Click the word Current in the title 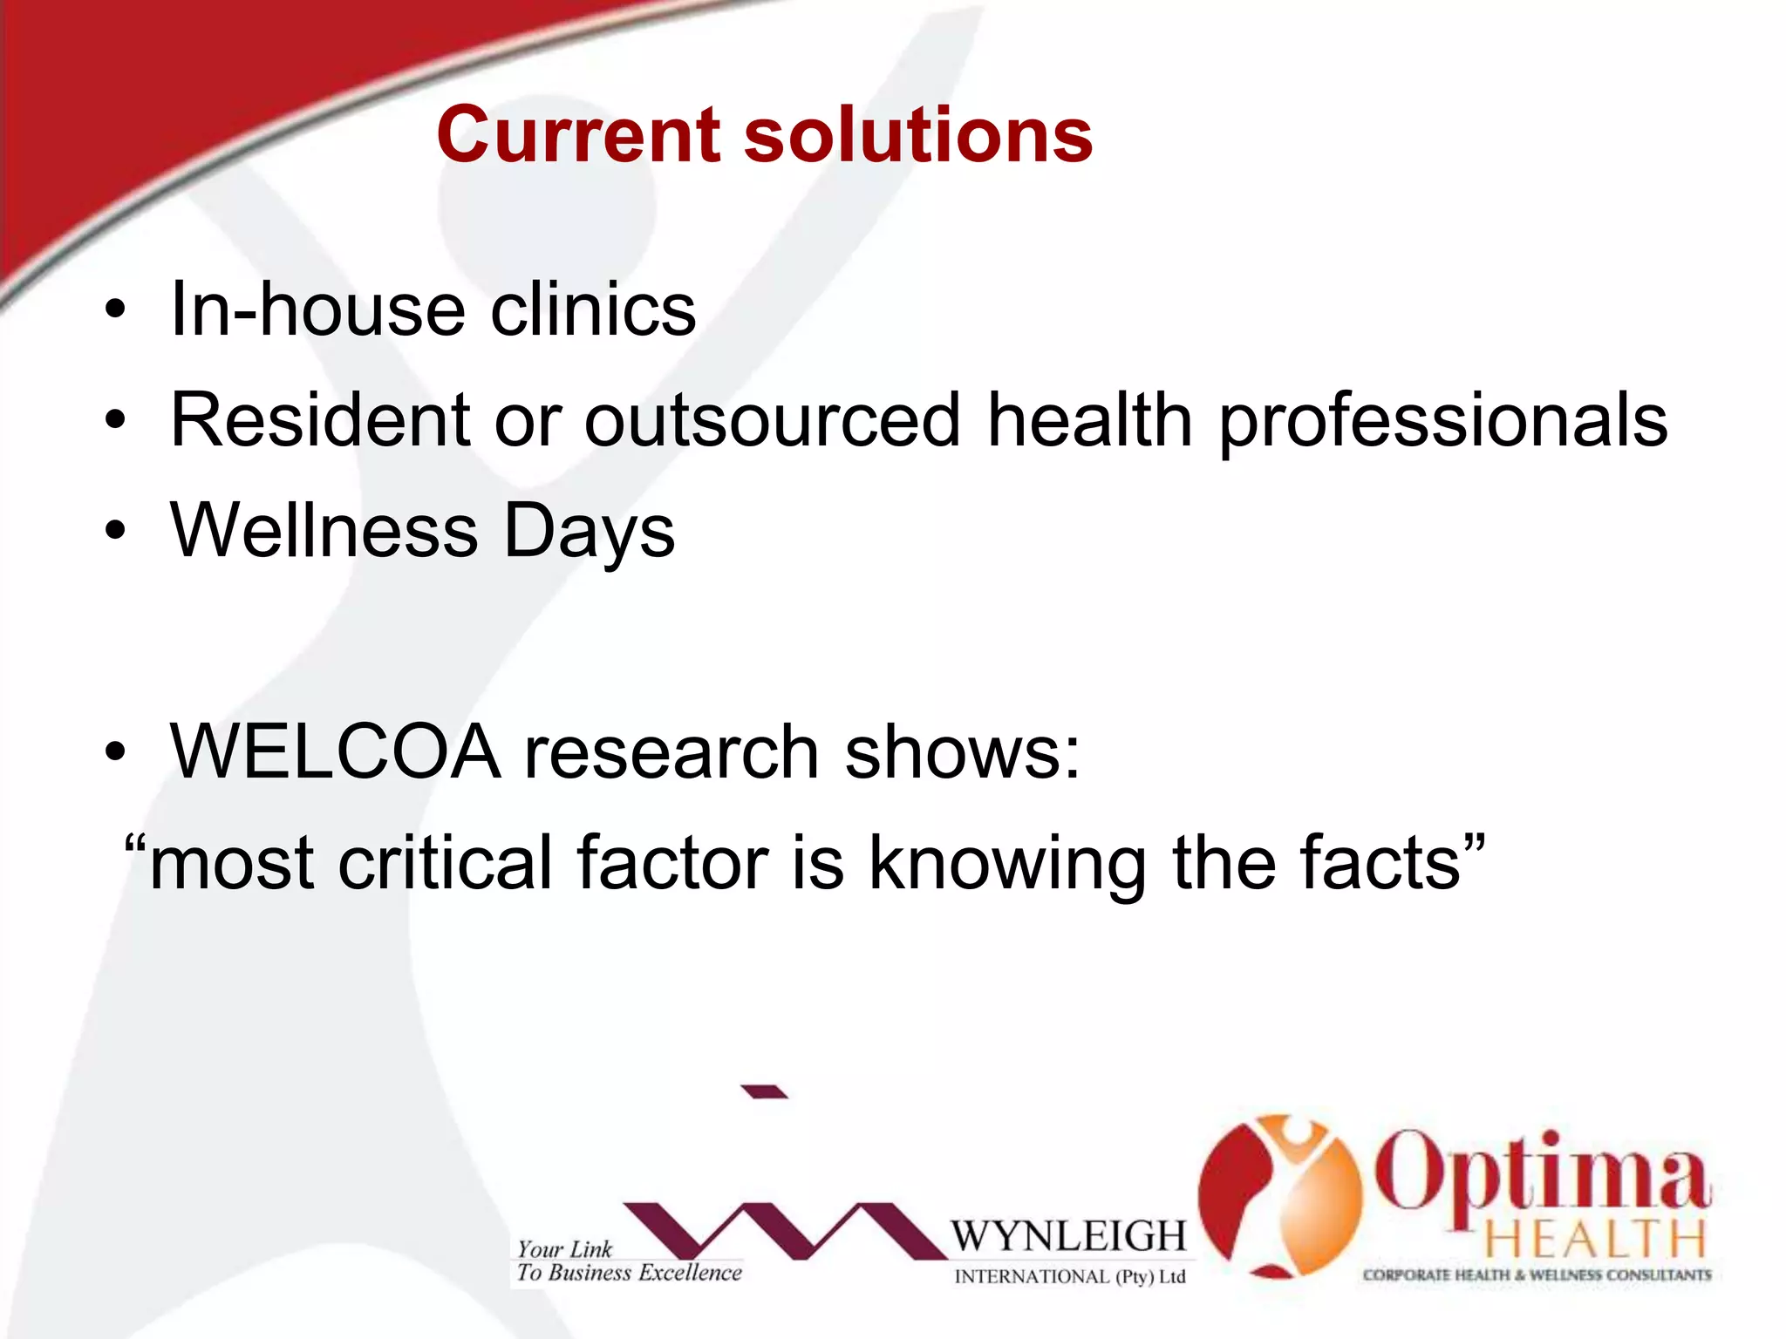coord(577,135)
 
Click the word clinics coord(593,309)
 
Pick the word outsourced coord(772,420)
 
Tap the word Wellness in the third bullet coord(324,531)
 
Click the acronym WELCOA coord(336,751)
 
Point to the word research coord(671,751)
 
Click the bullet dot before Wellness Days coord(114,531)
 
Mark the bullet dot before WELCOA coord(114,751)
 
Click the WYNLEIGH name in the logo coord(1068,1236)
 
